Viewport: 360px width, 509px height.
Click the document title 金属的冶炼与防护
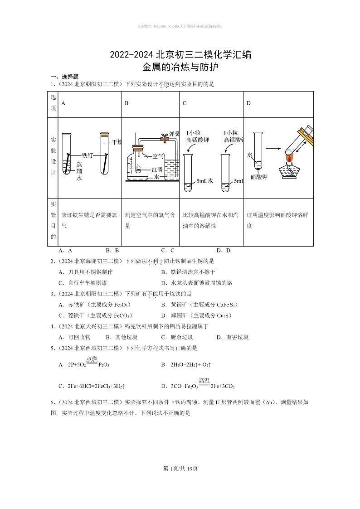tap(180, 68)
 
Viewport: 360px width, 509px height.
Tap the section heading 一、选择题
tap(64, 77)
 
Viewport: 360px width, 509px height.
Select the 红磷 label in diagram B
tap(157, 169)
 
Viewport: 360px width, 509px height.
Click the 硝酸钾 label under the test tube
tap(258, 177)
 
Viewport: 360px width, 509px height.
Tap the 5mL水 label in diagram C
tap(204, 181)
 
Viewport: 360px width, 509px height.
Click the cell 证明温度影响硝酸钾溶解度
tap(277, 220)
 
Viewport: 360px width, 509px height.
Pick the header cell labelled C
tap(185, 103)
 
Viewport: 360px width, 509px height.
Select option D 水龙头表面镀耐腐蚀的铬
tap(196, 283)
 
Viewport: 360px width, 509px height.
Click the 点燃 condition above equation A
tap(92, 359)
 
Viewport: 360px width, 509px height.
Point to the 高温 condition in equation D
tap(204, 381)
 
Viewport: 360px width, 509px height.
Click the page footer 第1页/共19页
tap(180, 468)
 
